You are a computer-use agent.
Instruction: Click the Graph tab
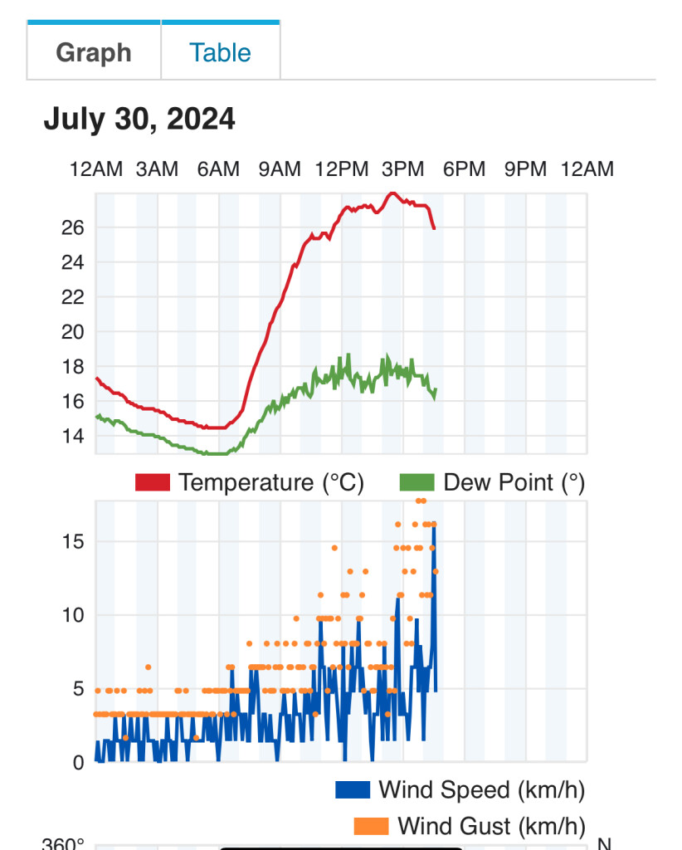pyautogui.click(x=94, y=52)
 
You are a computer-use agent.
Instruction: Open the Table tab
pyautogui.click(x=220, y=52)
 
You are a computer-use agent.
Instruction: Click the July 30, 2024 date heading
pyautogui.click(x=139, y=120)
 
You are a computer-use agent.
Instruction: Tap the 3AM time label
pyautogui.click(x=157, y=169)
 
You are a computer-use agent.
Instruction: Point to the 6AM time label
pyautogui.click(x=218, y=169)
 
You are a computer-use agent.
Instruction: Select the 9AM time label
pyautogui.click(x=280, y=169)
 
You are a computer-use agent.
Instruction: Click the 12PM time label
pyautogui.click(x=341, y=169)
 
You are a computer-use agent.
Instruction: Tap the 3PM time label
pyautogui.click(x=402, y=169)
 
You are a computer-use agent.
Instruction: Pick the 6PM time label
pyautogui.click(x=464, y=169)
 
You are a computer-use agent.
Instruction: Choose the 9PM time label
pyautogui.click(x=526, y=169)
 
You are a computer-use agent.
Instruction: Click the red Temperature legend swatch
pyautogui.click(x=153, y=482)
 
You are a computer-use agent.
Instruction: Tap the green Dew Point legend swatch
pyautogui.click(x=417, y=482)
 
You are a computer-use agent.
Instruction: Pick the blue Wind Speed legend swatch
pyautogui.click(x=353, y=789)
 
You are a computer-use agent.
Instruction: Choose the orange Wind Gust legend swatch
pyautogui.click(x=371, y=826)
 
